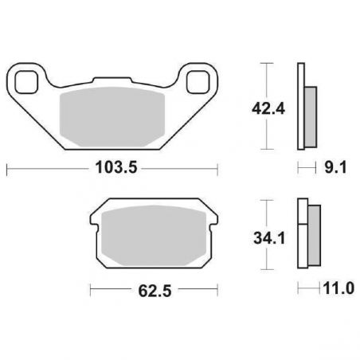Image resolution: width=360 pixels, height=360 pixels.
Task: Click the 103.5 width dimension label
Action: point(116,168)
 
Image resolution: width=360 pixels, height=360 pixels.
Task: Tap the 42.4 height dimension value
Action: point(268,109)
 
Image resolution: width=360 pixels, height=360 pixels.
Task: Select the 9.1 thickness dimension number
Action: point(335,168)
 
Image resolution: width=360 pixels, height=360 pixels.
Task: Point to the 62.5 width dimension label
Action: point(155,291)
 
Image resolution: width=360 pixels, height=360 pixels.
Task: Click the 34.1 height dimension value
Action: point(269,238)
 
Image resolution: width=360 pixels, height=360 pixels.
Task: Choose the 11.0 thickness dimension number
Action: point(338,288)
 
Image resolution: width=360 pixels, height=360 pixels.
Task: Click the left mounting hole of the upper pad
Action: point(26,82)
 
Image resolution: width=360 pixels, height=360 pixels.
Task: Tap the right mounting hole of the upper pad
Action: point(198,82)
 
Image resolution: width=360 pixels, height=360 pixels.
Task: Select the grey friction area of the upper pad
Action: point(112,117)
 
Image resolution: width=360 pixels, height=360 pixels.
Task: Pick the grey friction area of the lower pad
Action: point(154,236)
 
